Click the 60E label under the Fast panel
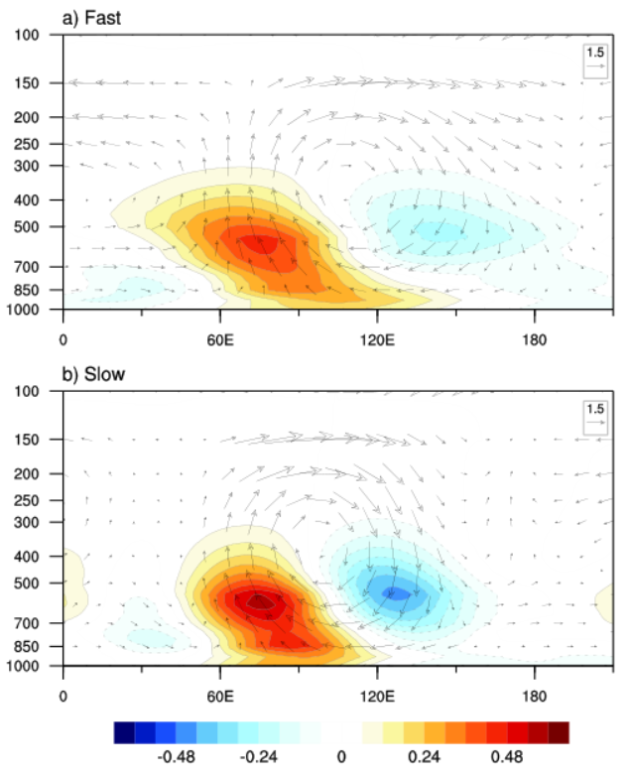tap(220, 326)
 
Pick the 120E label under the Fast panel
tap(377, 326)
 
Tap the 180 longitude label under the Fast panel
tap(535, 326)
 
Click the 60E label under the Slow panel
tap(220, 683)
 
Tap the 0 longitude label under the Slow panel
tap(63, 683)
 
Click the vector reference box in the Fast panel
tap(594, 59)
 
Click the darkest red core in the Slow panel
tap(259, 600)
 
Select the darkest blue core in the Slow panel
tap(393, 593)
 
